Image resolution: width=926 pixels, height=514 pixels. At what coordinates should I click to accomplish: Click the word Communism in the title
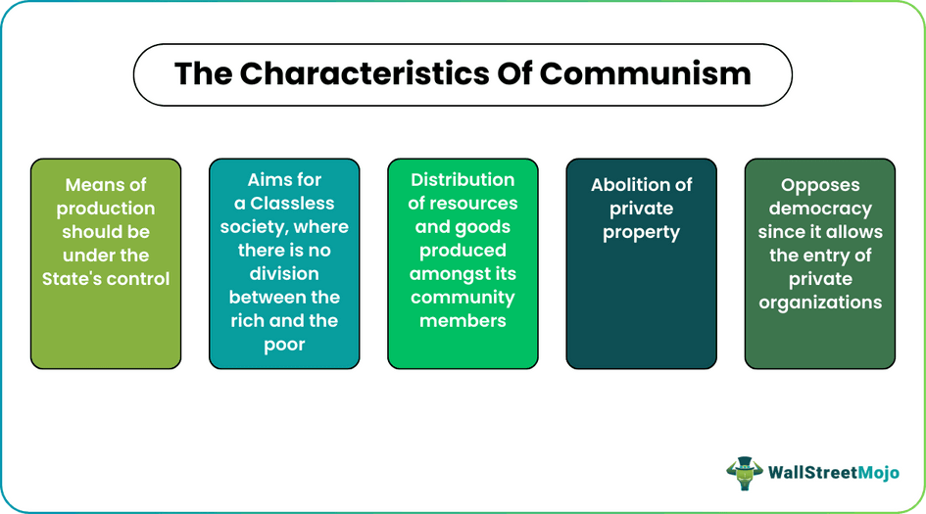click(646, 72)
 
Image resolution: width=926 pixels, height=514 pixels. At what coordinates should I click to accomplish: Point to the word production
click(106, 209)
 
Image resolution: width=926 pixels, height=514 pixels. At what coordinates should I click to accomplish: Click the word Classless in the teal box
click(291, 204)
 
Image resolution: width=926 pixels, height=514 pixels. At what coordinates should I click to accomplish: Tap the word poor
click(284, 345)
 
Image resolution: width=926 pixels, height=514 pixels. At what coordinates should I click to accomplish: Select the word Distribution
click(463, 180)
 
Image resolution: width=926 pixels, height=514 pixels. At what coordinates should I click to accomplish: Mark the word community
click(463, 298)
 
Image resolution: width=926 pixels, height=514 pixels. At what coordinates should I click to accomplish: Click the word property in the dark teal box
click(642, 232)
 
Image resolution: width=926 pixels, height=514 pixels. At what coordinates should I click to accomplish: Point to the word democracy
click(820, 209)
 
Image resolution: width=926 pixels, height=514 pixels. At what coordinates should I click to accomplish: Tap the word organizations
click(820, 303)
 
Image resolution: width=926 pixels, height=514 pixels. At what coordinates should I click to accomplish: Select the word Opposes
click(820, 185)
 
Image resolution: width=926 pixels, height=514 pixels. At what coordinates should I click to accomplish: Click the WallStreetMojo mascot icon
click(745, 473)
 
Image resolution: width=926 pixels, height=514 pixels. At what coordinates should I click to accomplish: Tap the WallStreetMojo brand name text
click(833, 474)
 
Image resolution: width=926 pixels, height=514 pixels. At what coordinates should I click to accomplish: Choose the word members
click(463, 321)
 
